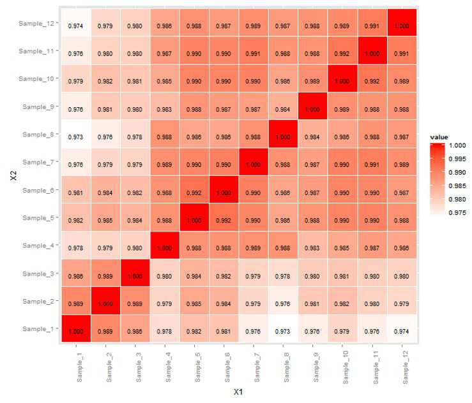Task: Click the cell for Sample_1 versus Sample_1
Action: pyautogui.click(x=76, y=328)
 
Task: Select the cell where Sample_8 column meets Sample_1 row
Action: pyautogui.click(x=283, y=328)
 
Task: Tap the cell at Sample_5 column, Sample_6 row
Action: pyautogui.click(x=194, y=189)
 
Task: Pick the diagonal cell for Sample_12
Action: pyautogui.click(x=402, y=22)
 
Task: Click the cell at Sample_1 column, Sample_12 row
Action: pyautogui.click(x=76, y=22)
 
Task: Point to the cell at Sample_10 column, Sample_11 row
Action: pyautogui.click(x=342, y=50)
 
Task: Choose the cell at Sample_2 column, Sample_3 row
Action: pyautogui.click(x=105, y=273)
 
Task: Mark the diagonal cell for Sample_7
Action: pyautogui.click(x=254, y=162)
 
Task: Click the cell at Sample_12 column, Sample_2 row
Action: pyautogui.click(x=402, y=300)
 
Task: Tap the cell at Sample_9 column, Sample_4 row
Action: pyautogui.click(x=313, y=245)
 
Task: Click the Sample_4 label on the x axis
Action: pyautogui.click(x=168, y=367)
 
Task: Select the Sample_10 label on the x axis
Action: pyautogui.click(x=346, y=367)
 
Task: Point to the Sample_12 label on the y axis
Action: pyautogui.click(x=36, y=23)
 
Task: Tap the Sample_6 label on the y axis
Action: pyautogui.click(x=38, y=190)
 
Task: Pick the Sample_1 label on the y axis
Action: pyautogui.click(x=38, y=329)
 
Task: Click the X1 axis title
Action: pyautogui.click(x=238, y=392)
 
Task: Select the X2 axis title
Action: pyautogui.click(x=13, y=176)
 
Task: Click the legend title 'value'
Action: pyautogui.click(x=439, y=137)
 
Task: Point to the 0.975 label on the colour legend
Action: pyautogui.click(x=457, y=213)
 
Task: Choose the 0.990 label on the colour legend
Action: pyautogui.click(x=457, y=172)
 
